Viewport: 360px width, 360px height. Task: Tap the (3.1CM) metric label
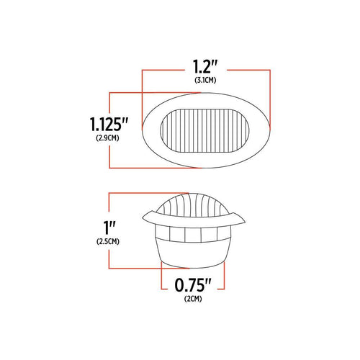point(207,81)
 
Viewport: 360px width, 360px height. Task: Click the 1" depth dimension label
point(99,228)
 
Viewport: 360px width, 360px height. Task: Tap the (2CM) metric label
point(192,297)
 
